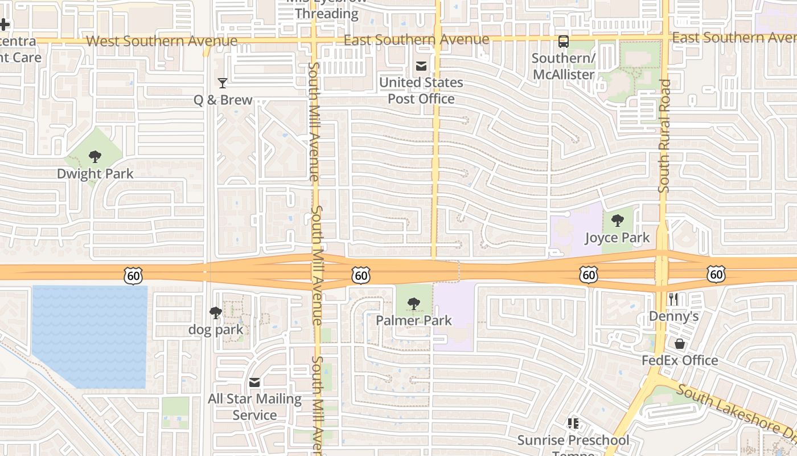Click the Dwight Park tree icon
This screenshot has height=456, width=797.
point(95,157)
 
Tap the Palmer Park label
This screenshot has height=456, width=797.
point(414,320)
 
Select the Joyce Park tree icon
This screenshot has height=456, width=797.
point(617,221)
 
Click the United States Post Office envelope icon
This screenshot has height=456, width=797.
point(421,66)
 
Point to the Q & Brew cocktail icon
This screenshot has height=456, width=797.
point(223,83)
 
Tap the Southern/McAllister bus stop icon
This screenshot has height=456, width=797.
point(563,42)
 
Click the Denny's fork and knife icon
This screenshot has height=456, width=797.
point(673,299)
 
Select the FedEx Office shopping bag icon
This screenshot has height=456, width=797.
point(680,344)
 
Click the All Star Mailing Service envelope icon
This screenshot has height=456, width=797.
point(254,382)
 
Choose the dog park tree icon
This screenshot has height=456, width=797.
point(215,312)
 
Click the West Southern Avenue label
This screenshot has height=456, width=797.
point(162,41)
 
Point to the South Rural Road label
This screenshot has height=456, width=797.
point(664,136)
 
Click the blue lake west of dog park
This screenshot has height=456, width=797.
point(89,336)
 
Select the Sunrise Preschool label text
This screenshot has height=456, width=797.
point(573,441)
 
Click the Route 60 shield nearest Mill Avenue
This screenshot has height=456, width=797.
point(361,276)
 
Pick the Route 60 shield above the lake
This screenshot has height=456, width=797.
point(133,276)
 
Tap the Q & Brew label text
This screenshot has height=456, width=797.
point(223,100)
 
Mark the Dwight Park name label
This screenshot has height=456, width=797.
point(95,174)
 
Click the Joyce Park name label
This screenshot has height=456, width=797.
point(617,238)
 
